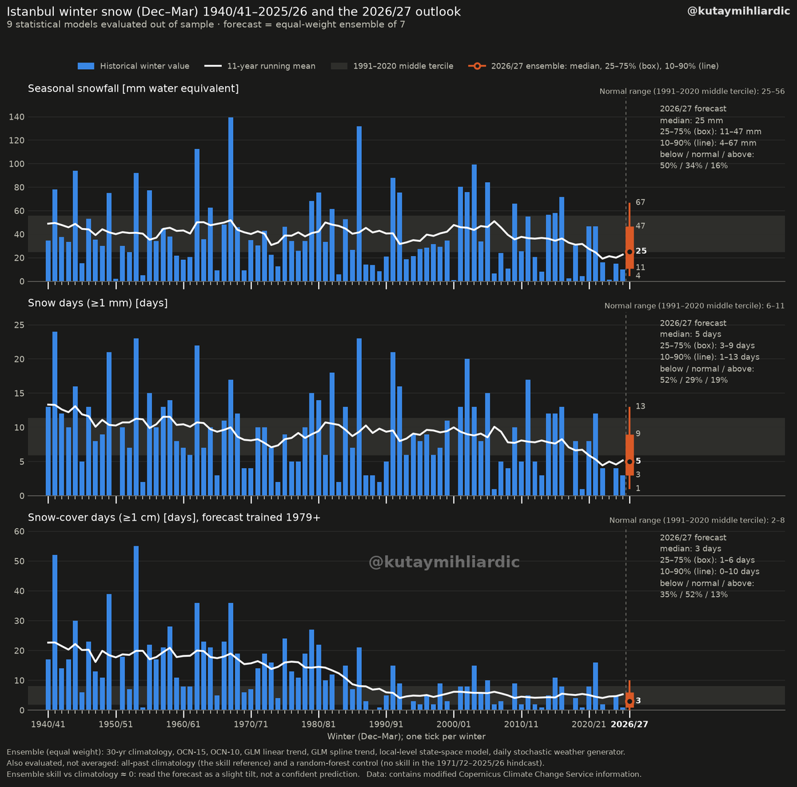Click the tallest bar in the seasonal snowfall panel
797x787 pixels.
click(230, 199)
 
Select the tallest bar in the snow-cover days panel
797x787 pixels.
click(136, 628)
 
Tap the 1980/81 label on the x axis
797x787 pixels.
click(319, 724)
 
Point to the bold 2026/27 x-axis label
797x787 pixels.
click(629, 724)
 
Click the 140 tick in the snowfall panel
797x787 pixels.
click(17, 117)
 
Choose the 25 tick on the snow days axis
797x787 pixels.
click(19, 325)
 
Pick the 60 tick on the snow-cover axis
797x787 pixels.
click(19, 531)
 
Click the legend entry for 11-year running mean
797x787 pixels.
click(260, 66)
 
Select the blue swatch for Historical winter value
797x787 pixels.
click(86, 66)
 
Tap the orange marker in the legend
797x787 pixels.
click(477, 66)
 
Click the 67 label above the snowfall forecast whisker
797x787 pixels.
click(640, 203)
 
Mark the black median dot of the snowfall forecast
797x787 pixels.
click(630, 252)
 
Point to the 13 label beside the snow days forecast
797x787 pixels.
click(640, 406)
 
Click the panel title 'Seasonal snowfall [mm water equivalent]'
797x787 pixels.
click(133, 88)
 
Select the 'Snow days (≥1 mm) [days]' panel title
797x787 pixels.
click(98, 303)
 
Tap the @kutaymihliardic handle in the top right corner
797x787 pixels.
click(739, 11)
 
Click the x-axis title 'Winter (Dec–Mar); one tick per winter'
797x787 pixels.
click(406, 736)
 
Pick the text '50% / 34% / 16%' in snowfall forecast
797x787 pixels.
click(693, 166)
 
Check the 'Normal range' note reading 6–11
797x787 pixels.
click(694, 306)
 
